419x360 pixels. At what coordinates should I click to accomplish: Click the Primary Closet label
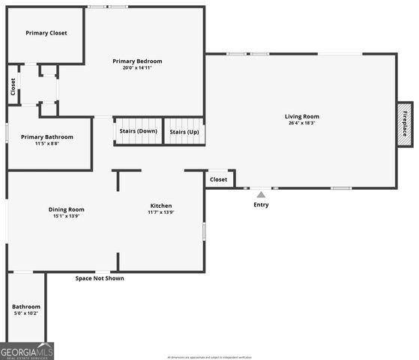pyautogui.click(x=46, y=33)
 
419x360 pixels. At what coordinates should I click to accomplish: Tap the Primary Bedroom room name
pyautogui.click(x=137, y=61)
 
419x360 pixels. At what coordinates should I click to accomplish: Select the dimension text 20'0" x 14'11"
pyautogui.click(x=137, y=67)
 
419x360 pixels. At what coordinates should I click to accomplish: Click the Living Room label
pyautogui.click(x=301, y=116)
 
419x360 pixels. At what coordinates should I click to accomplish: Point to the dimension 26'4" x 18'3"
pyautogui.click(x=301, y=123)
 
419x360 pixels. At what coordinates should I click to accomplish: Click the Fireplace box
pyautogui.click(x=405, y=123)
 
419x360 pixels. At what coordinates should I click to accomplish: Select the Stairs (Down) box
pyautogui.click(x=138, y=131)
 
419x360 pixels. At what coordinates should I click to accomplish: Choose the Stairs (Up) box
pyautogui.click(x=184, y=131)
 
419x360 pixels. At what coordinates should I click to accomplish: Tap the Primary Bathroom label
pyautogui.click(x=47, y=136)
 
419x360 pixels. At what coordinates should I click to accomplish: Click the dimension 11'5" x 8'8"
pyautogui.click(x=47, y=143)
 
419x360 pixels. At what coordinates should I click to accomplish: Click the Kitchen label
pyautogui.click(x=161, y=205)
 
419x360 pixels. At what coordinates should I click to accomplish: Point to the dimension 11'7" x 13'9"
pyautogui.click(x=161, y=212)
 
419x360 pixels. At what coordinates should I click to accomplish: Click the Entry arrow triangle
pyautogui.click(x=261, y=194)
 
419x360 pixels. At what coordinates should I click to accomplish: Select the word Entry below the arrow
pyautogui.click(x=261, y=205)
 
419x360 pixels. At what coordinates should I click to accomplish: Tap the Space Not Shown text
pyautogui.click(x=100, y=278)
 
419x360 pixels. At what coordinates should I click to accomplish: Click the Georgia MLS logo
pyautogui.click(x=27, y=351)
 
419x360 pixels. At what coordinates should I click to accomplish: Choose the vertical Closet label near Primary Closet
pyautogui.click(x=13, y=86)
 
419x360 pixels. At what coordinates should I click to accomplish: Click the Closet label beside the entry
pyautogui.click(x=218, y=179)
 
